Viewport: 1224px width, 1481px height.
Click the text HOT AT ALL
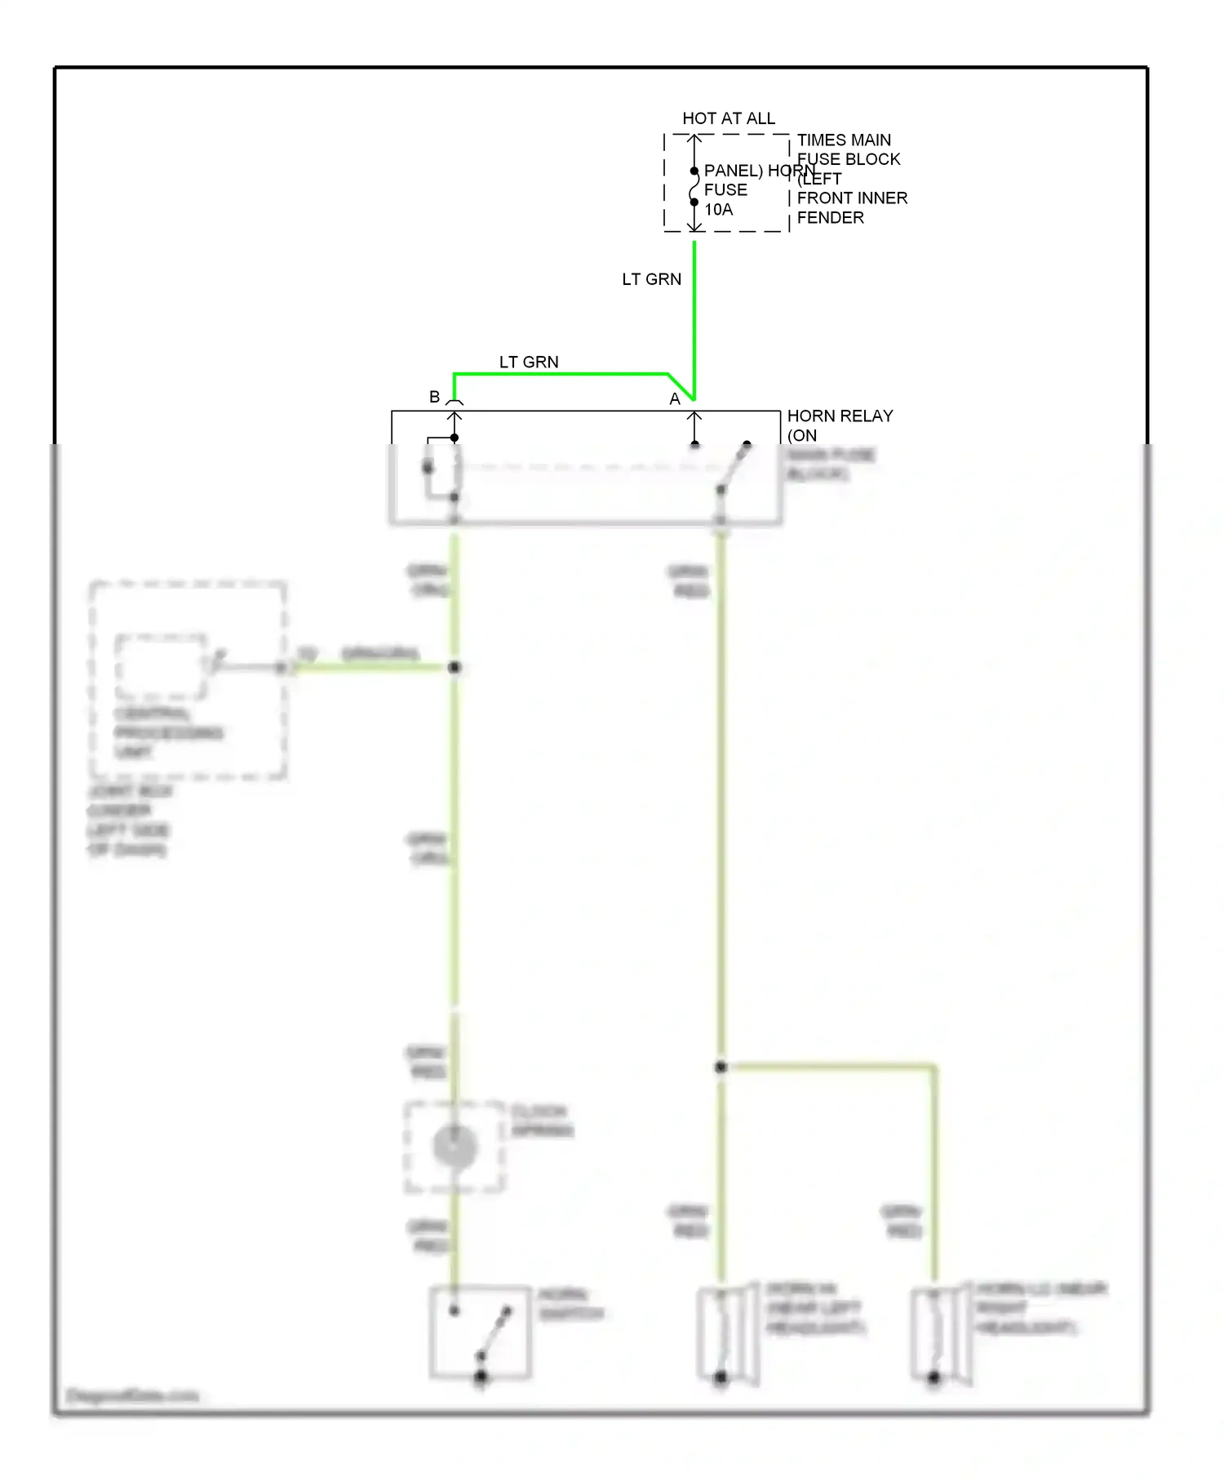[728, 118]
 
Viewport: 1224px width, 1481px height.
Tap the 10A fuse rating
[718, 210]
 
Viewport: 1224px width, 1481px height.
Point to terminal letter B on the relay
[434, 397]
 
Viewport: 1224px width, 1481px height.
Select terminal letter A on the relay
[674, 399]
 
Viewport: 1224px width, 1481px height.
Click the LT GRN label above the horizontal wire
[529, 362]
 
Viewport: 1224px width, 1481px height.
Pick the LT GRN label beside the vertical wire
[651, 279]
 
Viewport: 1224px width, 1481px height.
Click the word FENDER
[830, 218]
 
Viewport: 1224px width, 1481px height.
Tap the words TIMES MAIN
[844, 140]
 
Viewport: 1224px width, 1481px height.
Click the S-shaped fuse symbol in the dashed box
[694, 187]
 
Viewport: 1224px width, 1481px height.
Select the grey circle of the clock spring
[455, 1146]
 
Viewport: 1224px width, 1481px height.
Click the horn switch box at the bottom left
[480, 1333]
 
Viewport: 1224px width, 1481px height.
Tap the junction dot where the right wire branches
[721, 1066]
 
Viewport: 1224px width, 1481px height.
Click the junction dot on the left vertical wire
[455, 667]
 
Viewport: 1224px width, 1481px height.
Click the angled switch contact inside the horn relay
[734, 468]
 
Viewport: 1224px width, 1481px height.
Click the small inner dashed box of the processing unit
[160, 667]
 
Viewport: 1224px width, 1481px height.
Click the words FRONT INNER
[852, 198]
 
